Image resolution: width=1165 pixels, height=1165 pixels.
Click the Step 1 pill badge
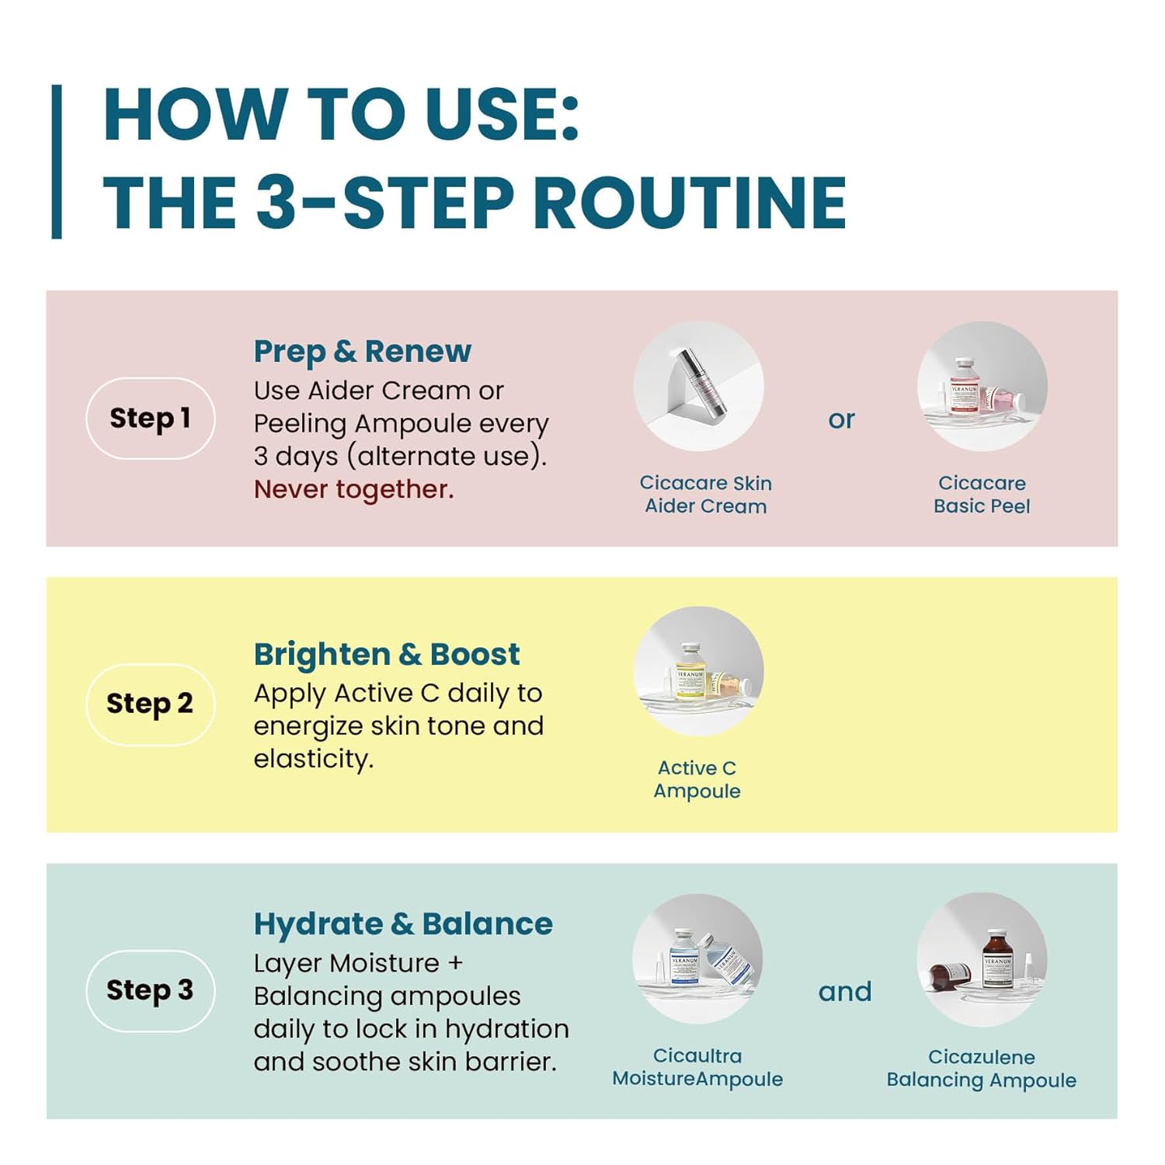(150, 418)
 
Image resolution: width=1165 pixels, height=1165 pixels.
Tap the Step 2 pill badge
(150, 704)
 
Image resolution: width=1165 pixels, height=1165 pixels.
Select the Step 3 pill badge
(150, 991)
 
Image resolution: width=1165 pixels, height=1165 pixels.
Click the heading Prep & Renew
(362, 352)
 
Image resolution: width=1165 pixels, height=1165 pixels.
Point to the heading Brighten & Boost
(387, 655)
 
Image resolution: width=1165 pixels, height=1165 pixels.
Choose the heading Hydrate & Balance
(403, 924)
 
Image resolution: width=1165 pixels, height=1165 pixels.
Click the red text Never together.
(353, 489)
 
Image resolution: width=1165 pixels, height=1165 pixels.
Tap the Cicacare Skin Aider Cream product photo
(699, 386)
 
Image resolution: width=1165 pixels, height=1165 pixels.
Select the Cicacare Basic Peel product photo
(982, 386)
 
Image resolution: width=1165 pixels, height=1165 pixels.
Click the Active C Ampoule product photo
(699, 671)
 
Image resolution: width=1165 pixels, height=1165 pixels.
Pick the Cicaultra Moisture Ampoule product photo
(697, 958)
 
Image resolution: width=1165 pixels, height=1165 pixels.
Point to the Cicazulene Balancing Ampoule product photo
(982, 958)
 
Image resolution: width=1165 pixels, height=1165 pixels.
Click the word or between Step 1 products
(841, 420)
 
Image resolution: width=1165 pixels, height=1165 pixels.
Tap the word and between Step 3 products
(845, 992)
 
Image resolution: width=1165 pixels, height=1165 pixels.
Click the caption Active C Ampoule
(697, 780)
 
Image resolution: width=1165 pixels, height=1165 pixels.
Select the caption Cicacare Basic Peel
(982, 495)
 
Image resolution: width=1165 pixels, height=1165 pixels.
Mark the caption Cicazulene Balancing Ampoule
(982, 1069)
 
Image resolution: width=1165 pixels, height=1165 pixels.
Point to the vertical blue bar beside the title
(57, 162)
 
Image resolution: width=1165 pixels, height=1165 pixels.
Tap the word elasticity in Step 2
(314, 760)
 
